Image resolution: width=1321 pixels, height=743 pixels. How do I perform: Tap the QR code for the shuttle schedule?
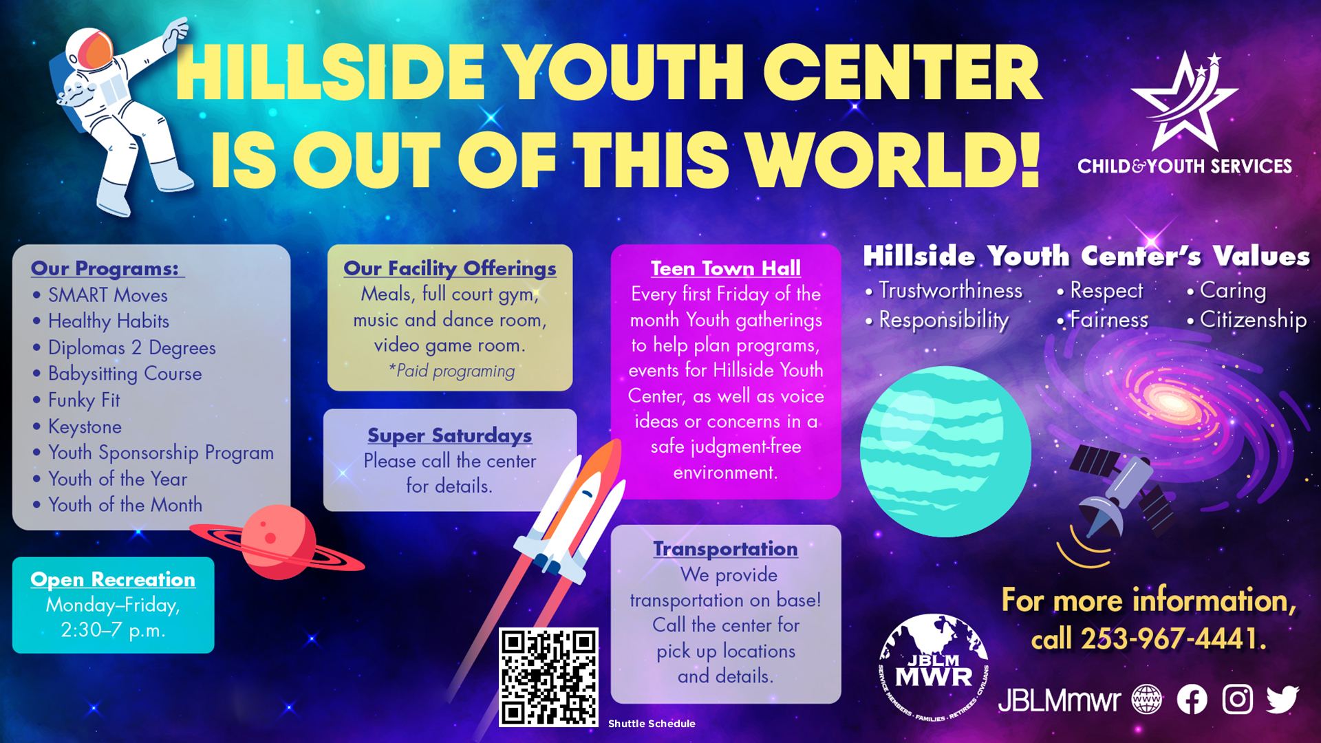click(548, 677)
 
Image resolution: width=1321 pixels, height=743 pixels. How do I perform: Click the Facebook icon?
click(1192, 700)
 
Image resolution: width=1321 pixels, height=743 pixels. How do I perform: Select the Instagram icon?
click(1237, 700)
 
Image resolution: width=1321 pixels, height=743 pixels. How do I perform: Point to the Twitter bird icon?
click(1282, 700)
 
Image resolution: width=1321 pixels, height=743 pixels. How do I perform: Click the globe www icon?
click(1146, 700)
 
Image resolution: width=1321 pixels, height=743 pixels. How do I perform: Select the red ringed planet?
click(277, 542)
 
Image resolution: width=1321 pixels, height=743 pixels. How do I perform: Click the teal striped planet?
click(945, 451)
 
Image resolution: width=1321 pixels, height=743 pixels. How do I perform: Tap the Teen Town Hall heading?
click(726, 268)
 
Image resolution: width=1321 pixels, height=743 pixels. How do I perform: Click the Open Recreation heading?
click(113, 579)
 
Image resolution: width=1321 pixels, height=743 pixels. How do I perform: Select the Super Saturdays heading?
click(449, 435)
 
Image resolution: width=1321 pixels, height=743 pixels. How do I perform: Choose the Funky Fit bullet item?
click(84, 400)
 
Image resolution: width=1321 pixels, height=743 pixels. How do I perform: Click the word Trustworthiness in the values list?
click(950, 290)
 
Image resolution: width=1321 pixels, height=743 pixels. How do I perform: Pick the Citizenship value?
click(1253, 319)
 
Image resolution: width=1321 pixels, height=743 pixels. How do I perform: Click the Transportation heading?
click(725, 548)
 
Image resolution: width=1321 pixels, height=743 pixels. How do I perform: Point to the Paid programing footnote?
click(451, 371)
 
